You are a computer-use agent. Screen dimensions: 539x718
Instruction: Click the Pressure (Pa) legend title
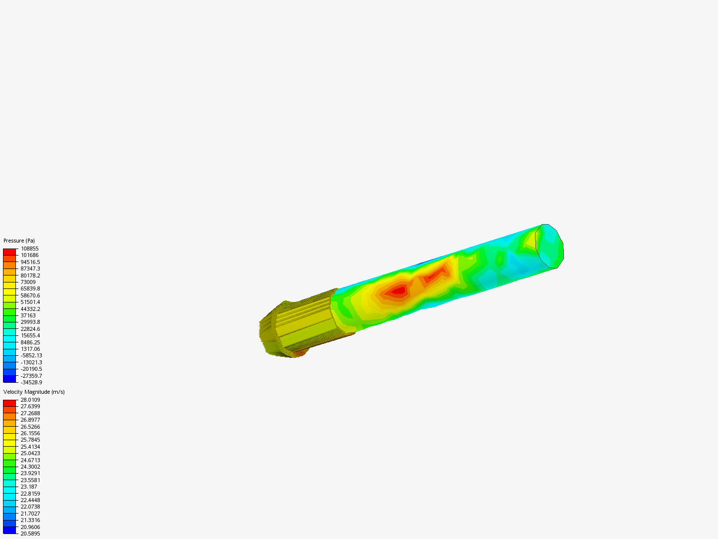pos(19,241)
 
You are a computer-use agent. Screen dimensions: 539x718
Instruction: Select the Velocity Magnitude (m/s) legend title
pos(34,392)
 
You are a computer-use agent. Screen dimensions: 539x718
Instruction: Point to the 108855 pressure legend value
pos(29,249)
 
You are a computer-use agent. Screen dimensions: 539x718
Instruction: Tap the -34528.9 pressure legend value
pos(31,382)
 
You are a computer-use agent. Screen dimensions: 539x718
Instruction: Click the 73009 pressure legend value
pos(28,282)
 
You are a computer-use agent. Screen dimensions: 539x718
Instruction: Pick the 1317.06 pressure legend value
pos(30,349)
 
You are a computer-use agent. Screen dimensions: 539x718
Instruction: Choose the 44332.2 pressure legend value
pos(30,309)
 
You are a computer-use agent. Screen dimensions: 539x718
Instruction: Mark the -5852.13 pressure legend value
pos(31,355)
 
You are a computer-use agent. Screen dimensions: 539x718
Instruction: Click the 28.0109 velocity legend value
pos(30,400)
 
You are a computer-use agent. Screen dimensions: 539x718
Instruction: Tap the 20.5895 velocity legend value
pos(30,534)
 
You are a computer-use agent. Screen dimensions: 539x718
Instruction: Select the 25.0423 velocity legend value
pos(30,453)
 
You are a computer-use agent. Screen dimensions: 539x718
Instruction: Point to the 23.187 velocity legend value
pos(29,487)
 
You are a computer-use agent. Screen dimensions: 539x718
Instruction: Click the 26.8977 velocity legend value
pos(30,420)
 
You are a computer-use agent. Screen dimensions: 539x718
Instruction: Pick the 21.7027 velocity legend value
pos(30,514)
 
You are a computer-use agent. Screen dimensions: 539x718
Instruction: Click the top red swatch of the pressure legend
pos(9,252)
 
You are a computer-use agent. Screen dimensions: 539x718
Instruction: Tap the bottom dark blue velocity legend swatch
pos(9,530)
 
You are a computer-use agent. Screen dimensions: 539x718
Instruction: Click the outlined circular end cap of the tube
pos(549,246)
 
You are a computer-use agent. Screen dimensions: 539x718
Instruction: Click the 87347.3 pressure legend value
pos(30,269)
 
